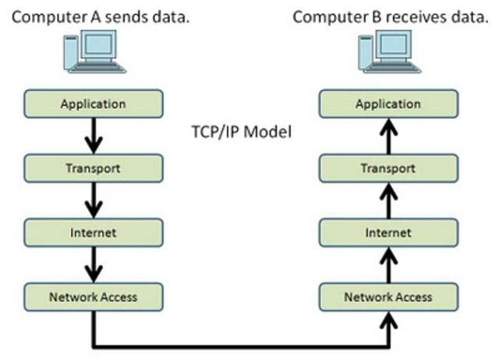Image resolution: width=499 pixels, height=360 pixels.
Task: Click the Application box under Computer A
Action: coord(94,104)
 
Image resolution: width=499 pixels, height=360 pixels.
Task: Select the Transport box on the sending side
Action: coord(94,168)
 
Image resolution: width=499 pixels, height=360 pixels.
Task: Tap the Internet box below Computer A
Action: coord(94,231)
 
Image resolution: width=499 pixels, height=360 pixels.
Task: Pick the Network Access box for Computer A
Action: coord(94,296)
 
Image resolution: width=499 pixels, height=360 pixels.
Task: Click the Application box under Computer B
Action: coord(388,104)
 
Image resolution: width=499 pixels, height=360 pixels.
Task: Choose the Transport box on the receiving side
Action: coord(388,168)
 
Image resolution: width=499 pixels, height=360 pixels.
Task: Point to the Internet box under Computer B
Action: coord(388,231)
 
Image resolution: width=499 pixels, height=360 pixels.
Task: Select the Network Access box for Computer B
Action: coord(388,296)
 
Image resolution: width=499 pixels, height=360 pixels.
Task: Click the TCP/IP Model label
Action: coord(241,132)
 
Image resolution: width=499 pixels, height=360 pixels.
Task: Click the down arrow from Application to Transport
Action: coord(94,136)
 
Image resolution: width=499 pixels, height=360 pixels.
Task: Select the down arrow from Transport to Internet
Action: coord(94,199)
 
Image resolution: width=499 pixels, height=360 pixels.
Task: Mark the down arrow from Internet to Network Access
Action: coord(94,263)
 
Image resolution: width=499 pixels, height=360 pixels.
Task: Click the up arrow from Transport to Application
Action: coord(388,136)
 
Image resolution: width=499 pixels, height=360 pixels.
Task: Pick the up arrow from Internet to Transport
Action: coord(388,199)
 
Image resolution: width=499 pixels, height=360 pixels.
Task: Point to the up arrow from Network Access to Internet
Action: coord(388,263)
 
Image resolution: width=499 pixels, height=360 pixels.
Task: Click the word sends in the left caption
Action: coord(129,15)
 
